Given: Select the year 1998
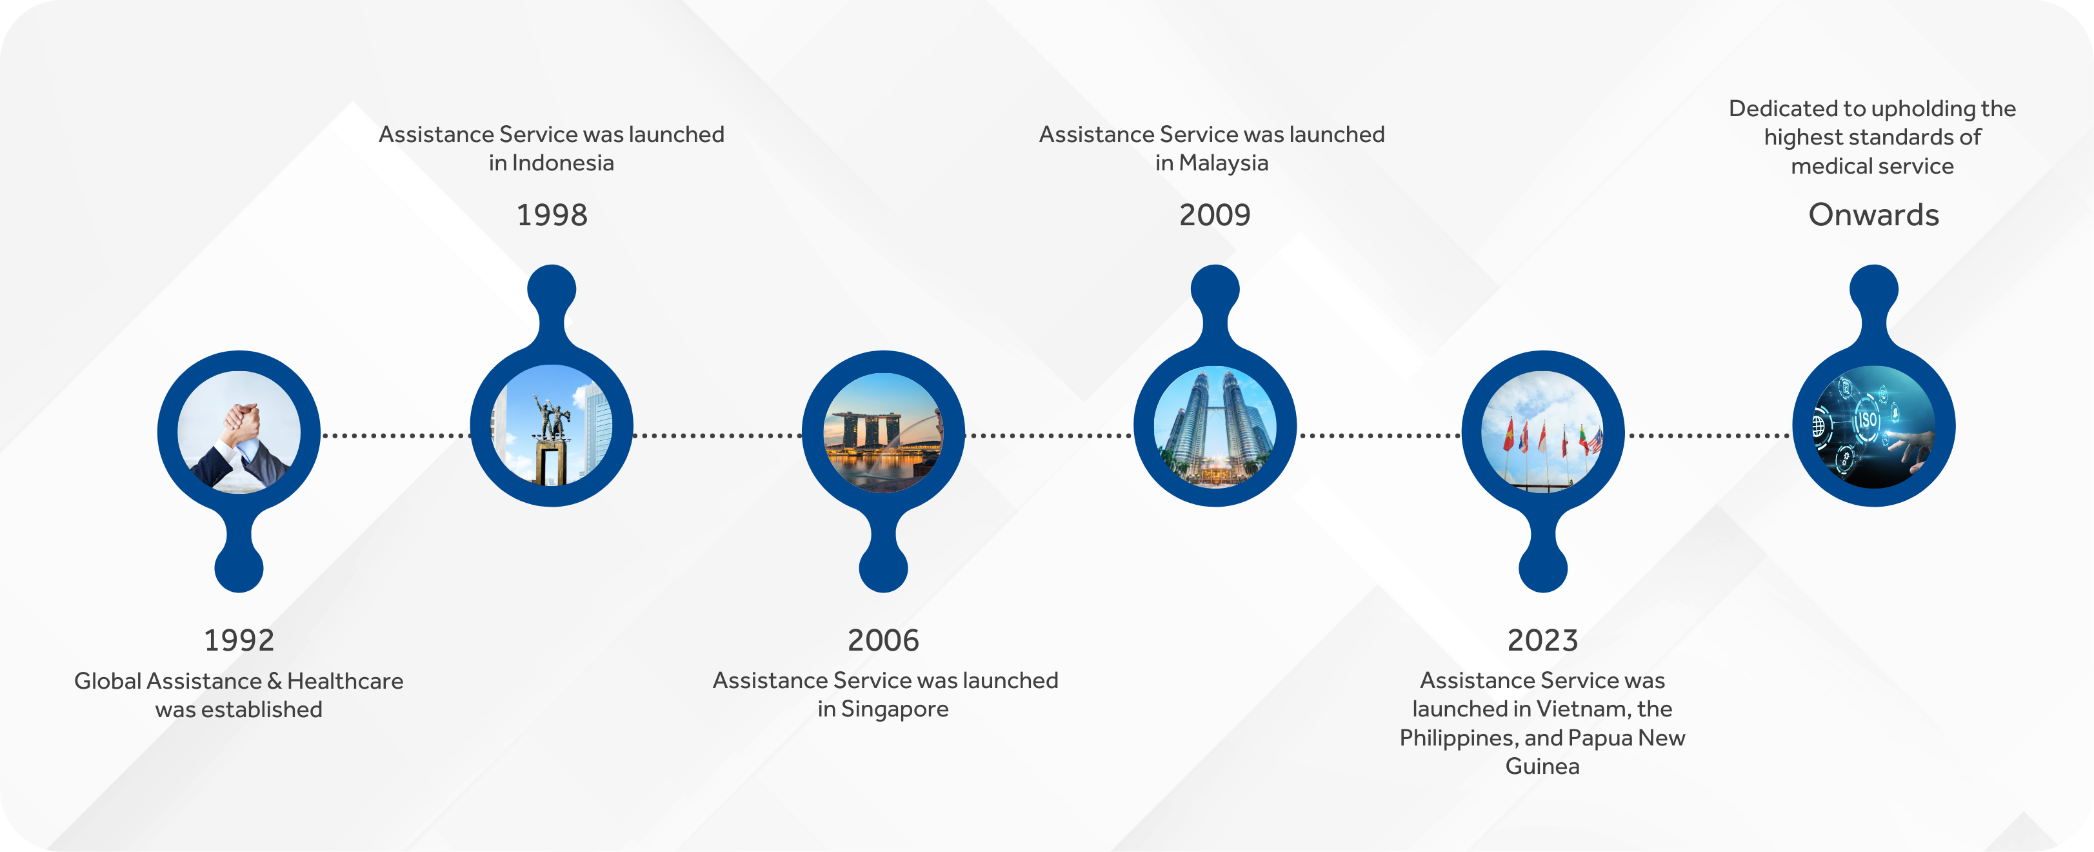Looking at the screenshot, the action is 552,216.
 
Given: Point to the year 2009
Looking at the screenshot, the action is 1215,216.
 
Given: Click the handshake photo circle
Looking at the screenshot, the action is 239,432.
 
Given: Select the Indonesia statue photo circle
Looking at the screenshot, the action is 552,425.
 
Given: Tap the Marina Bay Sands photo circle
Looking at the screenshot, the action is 884,432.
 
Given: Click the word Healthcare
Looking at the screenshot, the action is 346,681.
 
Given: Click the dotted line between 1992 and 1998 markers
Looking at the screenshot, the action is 397,436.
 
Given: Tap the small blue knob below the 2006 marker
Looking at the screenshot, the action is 884,567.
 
